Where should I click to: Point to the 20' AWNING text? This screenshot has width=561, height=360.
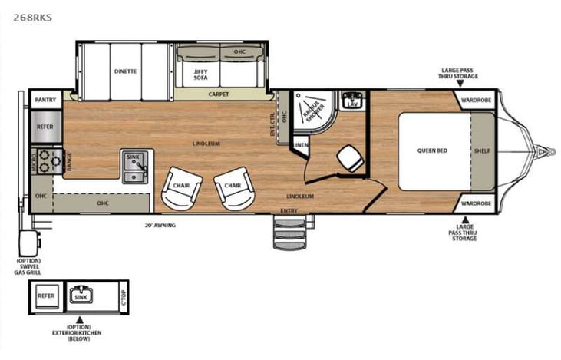tap(160, 226)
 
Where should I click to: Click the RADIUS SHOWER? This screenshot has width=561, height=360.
tap(313, 111)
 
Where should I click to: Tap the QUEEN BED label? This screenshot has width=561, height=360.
tap(432, 150)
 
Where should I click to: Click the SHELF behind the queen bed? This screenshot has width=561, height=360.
tap(482, 150)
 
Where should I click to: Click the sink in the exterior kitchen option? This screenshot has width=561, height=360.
tap(80, 296)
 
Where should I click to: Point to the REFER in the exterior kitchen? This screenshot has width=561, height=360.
tap(47, 296)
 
